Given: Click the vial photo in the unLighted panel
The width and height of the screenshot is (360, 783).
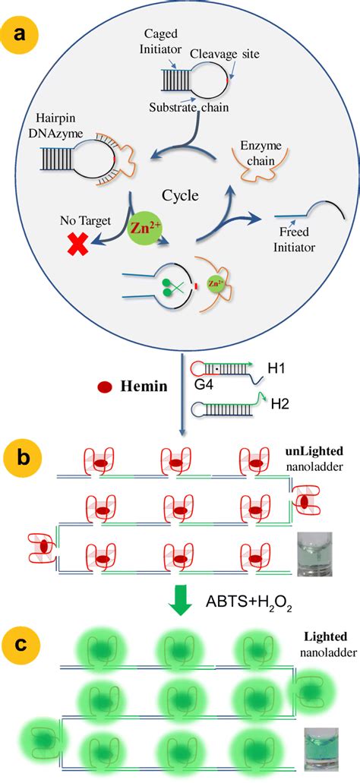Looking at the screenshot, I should point(310,549).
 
